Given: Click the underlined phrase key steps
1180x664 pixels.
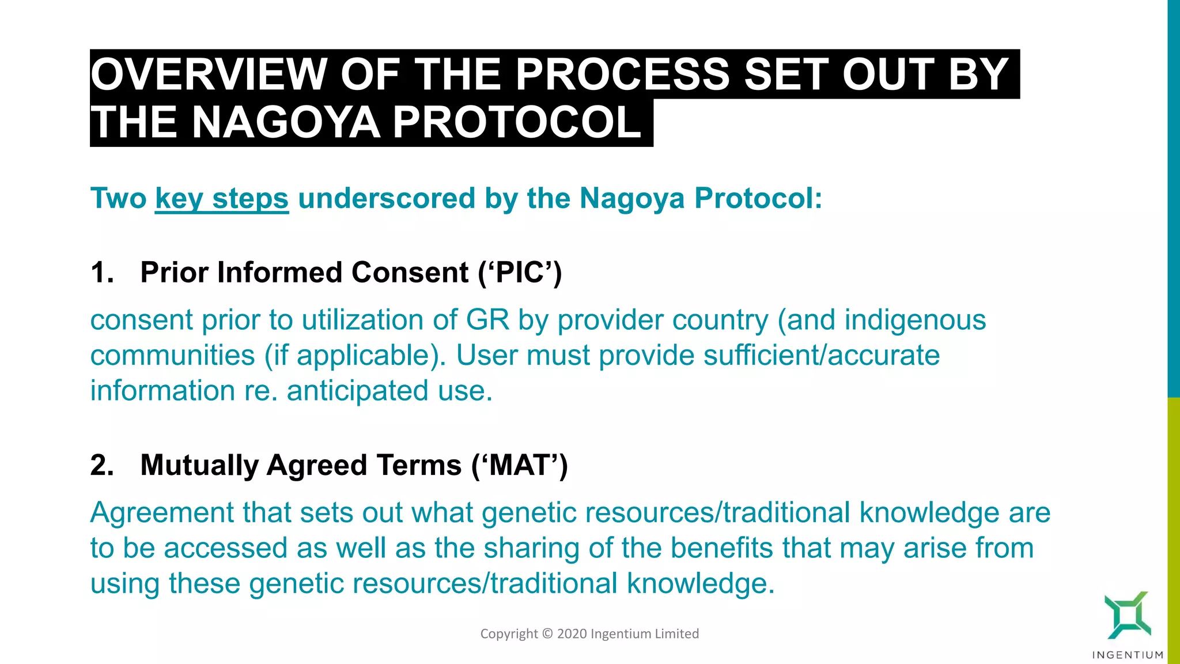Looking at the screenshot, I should [x=222, y=199].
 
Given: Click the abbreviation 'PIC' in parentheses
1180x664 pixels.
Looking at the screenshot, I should [x=520, y=273].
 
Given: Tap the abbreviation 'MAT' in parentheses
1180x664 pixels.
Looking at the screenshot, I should [x=520, y=465].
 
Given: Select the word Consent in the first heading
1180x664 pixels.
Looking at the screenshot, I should [x=410, y=272].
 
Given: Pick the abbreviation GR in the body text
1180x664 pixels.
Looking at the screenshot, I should [x=487, y=320].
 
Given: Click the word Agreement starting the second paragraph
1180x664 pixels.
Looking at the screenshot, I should [x=161, y=513].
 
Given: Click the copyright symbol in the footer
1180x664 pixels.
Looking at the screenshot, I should [x=547, y=634].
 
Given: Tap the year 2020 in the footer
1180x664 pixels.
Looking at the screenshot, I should [x=572, y=634].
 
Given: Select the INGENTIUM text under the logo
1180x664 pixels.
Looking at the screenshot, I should [x=1128, y=655].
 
